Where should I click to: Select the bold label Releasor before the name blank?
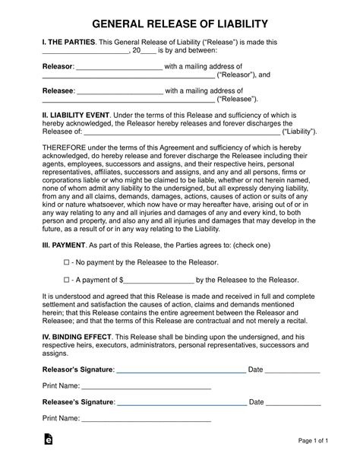pos(57,66)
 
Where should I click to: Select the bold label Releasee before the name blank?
pos(58,90)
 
